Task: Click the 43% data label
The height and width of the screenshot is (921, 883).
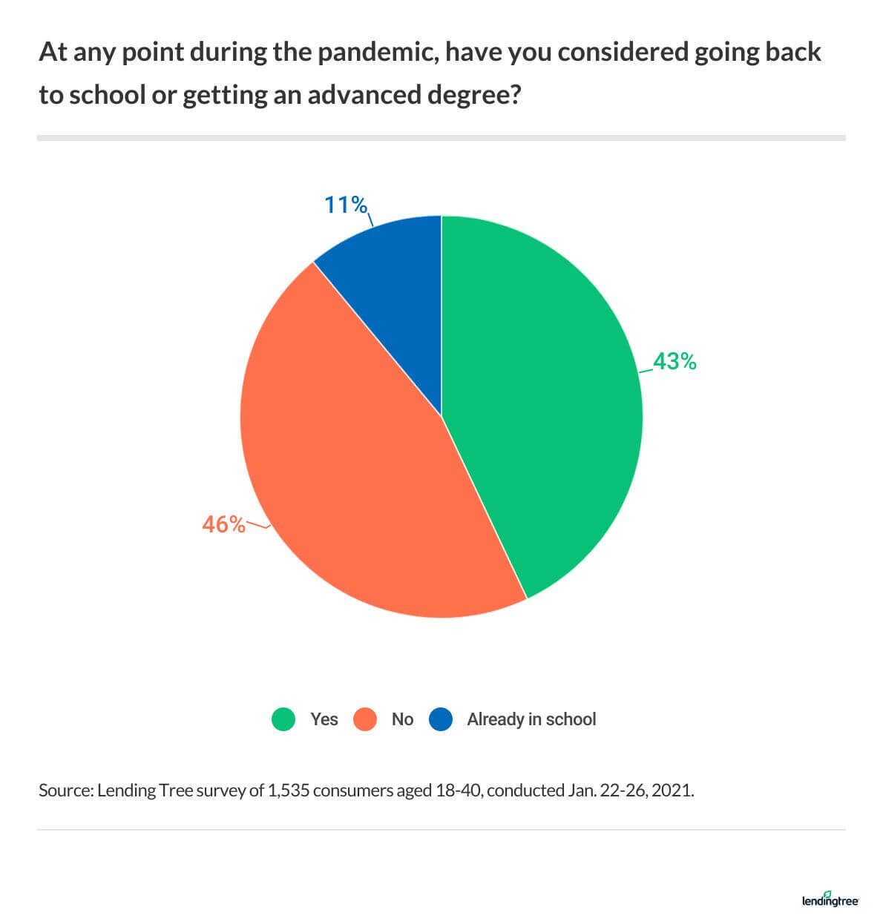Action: [x=674, y=362]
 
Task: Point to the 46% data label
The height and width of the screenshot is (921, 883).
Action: [x=223, y=524]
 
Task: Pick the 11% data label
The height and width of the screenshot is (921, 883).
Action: [x=346, y=204]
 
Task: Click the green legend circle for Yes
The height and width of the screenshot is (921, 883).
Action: [x=283, y=719]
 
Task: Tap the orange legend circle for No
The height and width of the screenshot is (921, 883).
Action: [x=365, y=719]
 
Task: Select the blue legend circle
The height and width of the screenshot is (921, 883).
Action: [x=441, y=719]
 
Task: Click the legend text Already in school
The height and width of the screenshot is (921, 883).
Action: [x=531, y=719]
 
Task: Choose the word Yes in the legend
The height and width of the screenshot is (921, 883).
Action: [x=324, y=719]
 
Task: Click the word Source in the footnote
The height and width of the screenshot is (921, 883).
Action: [x=65, y=790]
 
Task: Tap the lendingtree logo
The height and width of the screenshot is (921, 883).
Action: [x=830, y=899]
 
